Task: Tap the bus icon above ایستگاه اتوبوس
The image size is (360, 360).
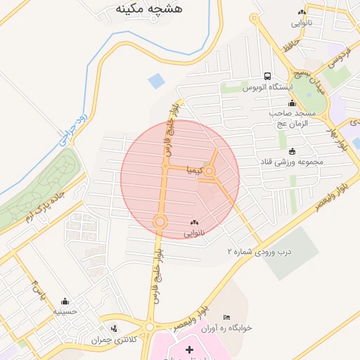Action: (267, 76)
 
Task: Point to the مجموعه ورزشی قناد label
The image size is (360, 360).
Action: (290, 161)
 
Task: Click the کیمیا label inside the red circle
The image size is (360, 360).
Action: (194, 170)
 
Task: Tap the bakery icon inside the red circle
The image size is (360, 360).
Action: (194, 222)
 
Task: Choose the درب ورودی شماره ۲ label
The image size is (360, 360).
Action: (258, 251)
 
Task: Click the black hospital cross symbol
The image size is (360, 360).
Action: (188, 349)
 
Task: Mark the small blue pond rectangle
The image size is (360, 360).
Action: (156, 81)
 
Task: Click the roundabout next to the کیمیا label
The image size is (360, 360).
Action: (210, 171)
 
